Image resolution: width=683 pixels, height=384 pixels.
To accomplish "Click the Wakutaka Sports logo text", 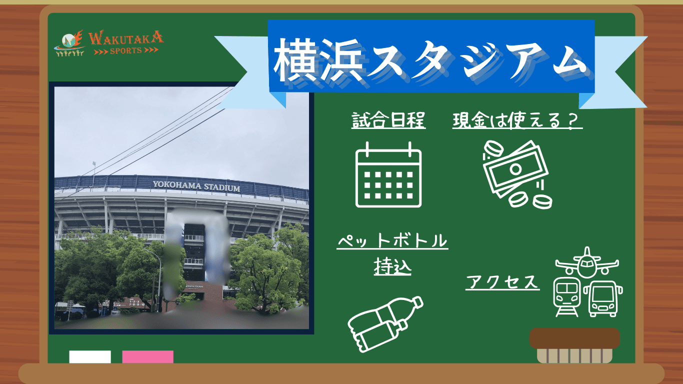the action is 126,42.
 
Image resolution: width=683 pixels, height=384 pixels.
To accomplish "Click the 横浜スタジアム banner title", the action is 430,60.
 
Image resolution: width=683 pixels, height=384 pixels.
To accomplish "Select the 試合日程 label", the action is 388,120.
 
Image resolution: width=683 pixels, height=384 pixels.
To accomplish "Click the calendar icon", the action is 388,175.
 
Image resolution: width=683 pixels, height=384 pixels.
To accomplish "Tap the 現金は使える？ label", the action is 517,120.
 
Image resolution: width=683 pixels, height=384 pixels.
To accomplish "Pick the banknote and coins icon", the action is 517,174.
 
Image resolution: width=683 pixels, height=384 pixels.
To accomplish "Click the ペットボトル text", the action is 392,241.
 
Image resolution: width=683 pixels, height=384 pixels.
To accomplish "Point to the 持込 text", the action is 392,266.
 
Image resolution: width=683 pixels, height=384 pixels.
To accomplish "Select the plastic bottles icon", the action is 385,324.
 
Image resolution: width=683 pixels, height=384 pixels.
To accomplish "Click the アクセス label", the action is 502,281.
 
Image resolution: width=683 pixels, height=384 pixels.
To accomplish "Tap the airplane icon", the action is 587,263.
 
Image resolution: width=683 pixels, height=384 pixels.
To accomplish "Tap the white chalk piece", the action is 90,357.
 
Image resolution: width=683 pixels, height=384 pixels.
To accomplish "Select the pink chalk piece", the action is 148,357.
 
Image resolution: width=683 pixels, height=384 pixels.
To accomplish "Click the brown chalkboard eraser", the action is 575,345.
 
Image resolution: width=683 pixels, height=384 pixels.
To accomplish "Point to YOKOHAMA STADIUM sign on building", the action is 196,186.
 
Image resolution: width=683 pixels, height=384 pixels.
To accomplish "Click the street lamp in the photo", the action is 155,279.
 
